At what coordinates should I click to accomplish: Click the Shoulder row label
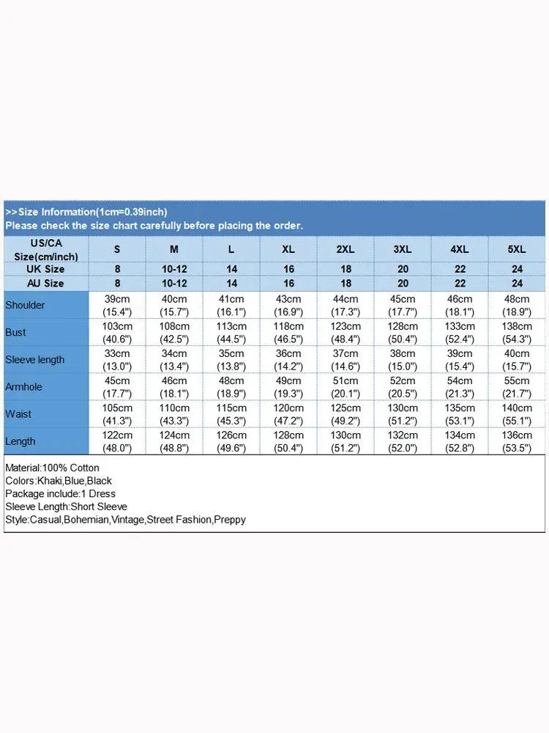pos(25,305)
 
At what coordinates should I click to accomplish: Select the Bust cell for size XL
pos(288,332)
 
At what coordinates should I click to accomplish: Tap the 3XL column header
pos(403,249)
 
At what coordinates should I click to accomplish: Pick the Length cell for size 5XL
pos(517,441)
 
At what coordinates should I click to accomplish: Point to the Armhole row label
pos(24,387)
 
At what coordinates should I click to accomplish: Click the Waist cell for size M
pos(174,414)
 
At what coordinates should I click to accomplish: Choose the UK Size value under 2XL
pos(346,269)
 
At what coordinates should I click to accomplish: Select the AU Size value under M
pos(174,283)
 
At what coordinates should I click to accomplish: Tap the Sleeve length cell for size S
pos(117,359)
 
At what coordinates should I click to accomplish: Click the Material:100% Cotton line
pos(52,468)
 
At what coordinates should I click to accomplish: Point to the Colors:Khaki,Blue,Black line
pos(59,481)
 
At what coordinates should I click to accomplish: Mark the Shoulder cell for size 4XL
pos(460,305)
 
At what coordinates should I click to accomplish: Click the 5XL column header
pos(517,249)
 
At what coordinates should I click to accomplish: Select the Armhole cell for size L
pos(231,387)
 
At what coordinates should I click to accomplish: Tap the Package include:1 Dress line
pos(60,493)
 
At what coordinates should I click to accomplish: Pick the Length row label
pos(20,441)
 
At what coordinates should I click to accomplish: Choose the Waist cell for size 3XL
pos(403,414)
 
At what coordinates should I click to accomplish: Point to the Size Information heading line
pos(86,212)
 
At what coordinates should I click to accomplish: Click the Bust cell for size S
pos(117,332)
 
